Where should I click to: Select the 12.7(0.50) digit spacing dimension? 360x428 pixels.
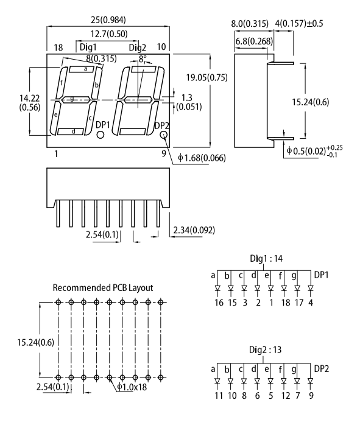pyautogui.click(x=107, y=35)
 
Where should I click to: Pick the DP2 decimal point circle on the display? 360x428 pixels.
pyautogui.click(x=163, y=135)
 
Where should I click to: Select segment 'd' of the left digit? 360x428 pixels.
pyautogui.click(x=74, y=132)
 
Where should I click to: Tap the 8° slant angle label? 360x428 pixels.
pyautogui.click(x=143, y=60)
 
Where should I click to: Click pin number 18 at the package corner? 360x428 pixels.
pyautogui.click(x=58, y=47)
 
